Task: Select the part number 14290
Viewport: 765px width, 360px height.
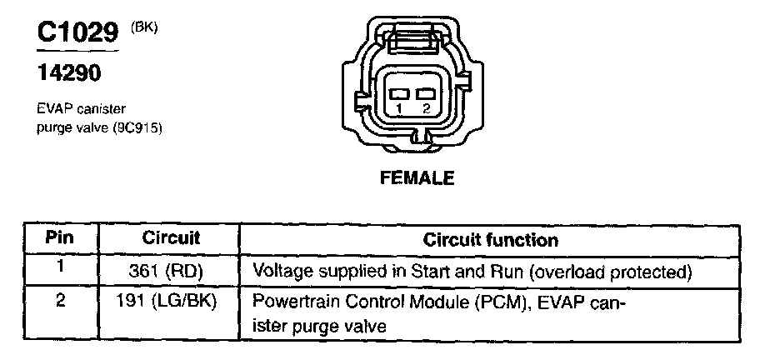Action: pyautogui.click(x=69, y=74)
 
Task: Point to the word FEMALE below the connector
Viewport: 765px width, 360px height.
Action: pyautogui.click(x=417, y=177)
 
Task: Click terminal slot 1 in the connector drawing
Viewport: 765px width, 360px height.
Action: pyautogui.click(x=400, y=93)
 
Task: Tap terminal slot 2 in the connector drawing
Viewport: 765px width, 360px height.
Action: pyautogui.click(x=427, y=93)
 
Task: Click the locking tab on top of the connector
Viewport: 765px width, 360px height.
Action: pyautogui.click(x=413, y=38)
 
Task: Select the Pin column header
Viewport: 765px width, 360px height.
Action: pyautogui.click(x=59, y=239)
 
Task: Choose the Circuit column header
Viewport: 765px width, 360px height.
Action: pyautogui.click(x=171, y=239)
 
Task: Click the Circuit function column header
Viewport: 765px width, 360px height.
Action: pyautogui.click(x=491, y=240)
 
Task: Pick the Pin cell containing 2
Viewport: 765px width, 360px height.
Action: pyautogui.click(x=59, y=299)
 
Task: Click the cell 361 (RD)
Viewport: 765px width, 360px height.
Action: pyautogui.click(x=172, y=272)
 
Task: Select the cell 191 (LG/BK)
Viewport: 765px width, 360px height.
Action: pyautogui.click(x=172, y=301)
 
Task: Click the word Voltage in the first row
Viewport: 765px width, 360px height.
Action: pyautogui.click(x=279, y=272)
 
